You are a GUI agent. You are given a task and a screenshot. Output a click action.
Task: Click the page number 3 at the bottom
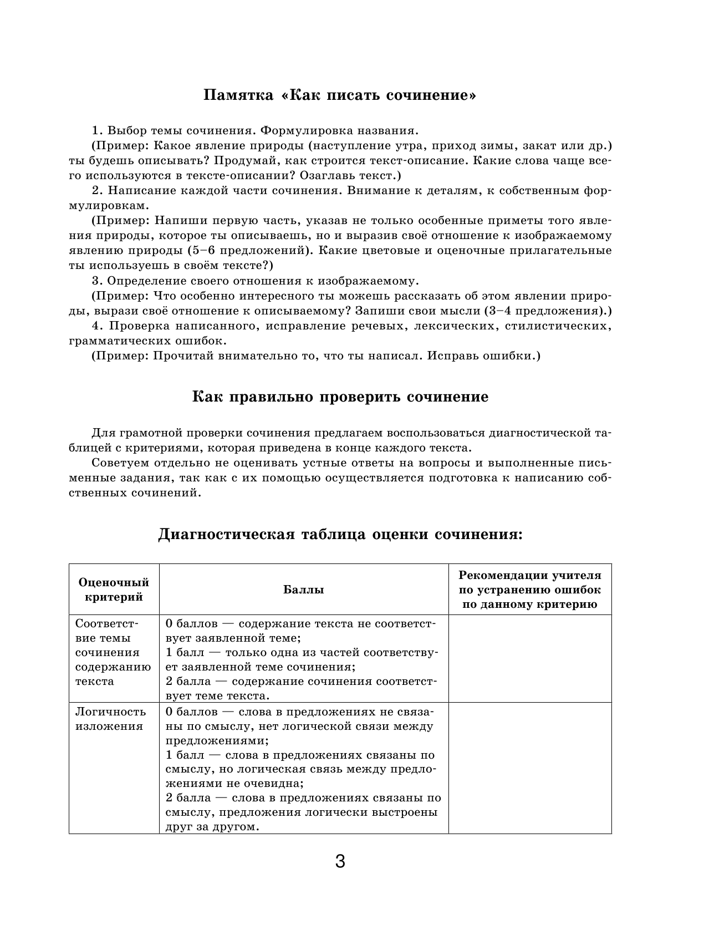[340, 862]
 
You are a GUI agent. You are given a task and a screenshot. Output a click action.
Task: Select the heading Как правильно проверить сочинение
[340, 397]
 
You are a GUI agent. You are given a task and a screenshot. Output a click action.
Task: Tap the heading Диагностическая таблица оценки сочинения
[340, 535]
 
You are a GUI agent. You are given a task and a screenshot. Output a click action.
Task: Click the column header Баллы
[303, 590]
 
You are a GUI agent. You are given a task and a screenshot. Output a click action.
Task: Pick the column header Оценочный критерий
[114, 590]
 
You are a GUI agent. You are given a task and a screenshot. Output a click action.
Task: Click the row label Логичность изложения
[110, 719]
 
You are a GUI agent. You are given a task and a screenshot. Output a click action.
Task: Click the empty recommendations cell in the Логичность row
[529, 768]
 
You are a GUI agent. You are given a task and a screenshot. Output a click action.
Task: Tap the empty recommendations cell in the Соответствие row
[529, 658]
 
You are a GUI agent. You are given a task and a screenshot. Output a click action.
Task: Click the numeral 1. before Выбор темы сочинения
[97, 131]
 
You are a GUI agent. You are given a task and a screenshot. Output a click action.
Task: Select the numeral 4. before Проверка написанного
[97, 326]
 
